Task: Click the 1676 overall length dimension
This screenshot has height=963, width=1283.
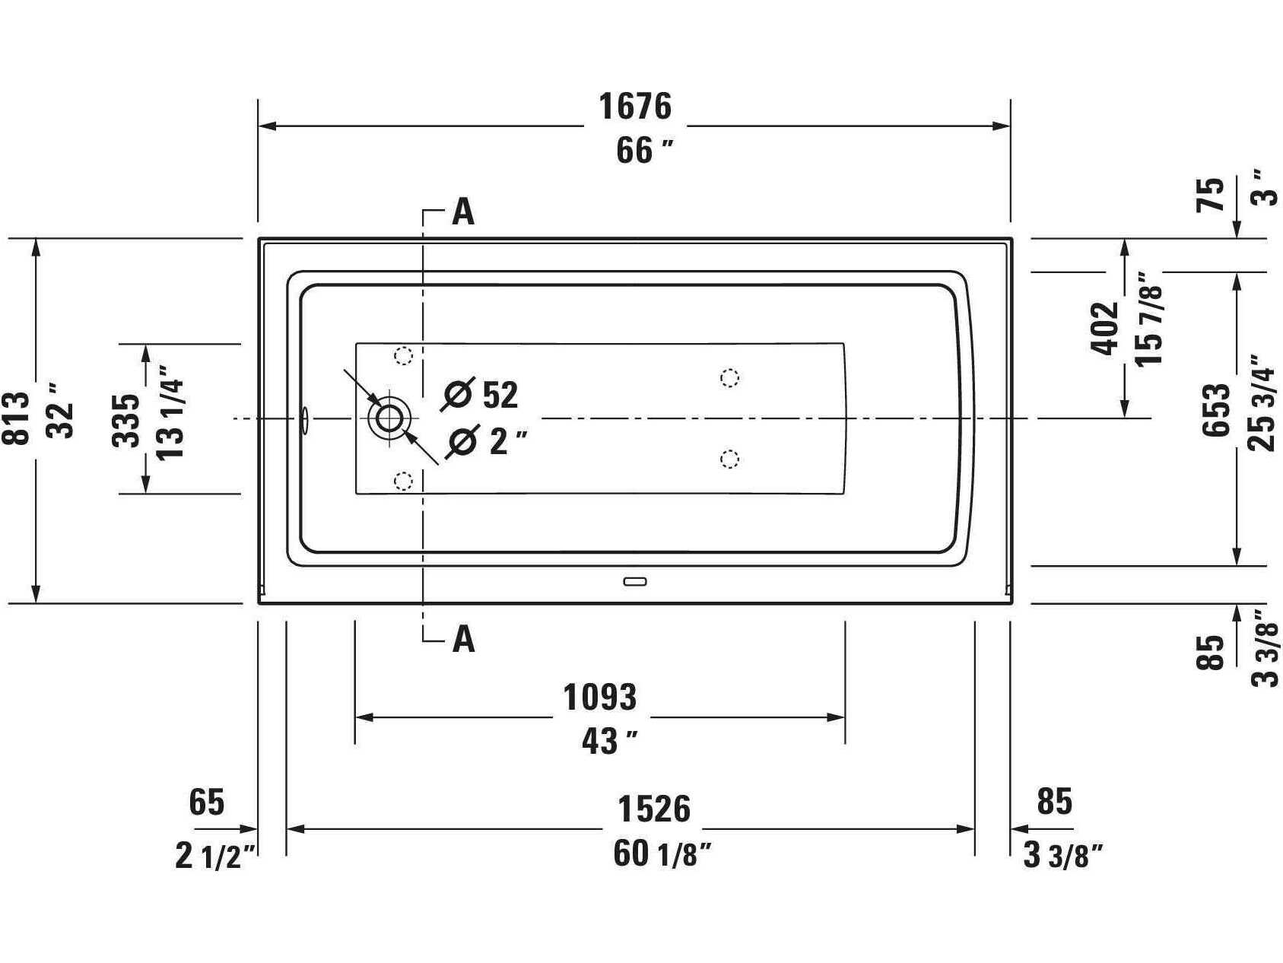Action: [x=635, y=106]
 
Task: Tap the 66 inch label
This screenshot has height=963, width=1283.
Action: [x=644, y=151]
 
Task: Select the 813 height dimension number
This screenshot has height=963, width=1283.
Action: [x=17, y=418]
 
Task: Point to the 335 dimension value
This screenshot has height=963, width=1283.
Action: [x=127, y=419]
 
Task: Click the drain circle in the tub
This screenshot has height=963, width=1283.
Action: [x=389, y=418]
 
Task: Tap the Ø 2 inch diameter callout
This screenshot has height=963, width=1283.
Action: [x=487, y=441]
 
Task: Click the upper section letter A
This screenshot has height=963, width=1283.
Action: [x=463, y=212]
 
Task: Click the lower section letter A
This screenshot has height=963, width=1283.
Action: [x=463, y=639]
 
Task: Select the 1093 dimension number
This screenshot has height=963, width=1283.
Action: [x=599, y=697]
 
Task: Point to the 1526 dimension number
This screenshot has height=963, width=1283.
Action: [x=653, y=809]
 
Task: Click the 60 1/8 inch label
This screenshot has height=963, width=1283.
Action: [x=662, y=853]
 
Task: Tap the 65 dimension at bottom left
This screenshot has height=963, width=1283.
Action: [x=206, y=802]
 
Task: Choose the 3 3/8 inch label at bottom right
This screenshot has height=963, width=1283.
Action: [x=1062, y=856]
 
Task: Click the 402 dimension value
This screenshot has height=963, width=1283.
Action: [x=1105, y=329]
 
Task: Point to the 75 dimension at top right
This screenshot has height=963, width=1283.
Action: [x=1212, y=195]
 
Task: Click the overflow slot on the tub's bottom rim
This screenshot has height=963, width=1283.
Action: [x=634, y=582]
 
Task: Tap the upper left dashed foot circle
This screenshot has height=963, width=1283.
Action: [x=403, y=355]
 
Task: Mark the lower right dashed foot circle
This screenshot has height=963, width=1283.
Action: [x=729, y=459]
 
